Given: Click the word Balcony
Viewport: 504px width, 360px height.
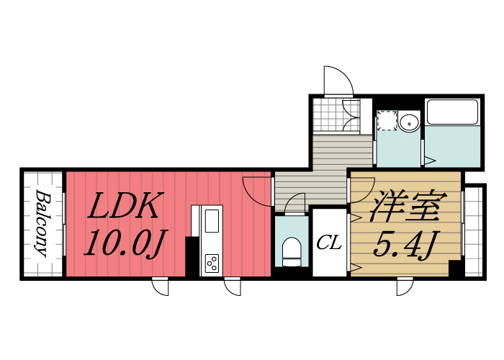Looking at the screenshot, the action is (42, 224).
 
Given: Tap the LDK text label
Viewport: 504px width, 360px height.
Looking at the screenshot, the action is (123, 207).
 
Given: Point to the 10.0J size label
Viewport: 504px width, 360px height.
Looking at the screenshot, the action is (122, 245).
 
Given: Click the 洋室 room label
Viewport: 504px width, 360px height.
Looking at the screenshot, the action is (404, 208).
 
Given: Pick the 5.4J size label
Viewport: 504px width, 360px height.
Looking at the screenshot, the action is (405, 247).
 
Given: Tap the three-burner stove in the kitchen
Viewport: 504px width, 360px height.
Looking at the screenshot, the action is (212, 264).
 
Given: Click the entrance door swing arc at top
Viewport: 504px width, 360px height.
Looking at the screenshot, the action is (338, 79).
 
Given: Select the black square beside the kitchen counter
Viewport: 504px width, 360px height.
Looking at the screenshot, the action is (192, 256).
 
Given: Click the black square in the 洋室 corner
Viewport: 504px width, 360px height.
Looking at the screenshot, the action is (455, 268).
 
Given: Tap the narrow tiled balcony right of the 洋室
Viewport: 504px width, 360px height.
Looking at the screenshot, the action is (473, 230).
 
